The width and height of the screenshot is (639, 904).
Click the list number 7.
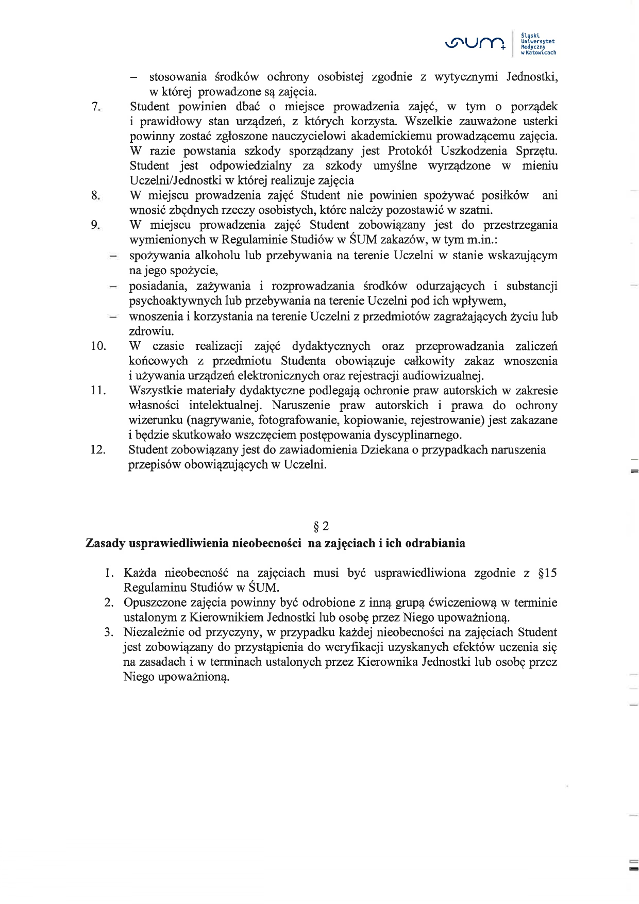pyautogui.click(x=95, y=107)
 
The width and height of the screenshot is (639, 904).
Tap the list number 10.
pyautogui.click(x=98, y=346)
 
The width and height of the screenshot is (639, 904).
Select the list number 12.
pyautogui.click(x=98, y=449)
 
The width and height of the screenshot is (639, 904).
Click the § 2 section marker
pyautogui.click(x=321, y=526)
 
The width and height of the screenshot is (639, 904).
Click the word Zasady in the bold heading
pyautogui.click(x=105, y=543)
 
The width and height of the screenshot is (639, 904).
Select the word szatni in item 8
pyautogui.click(x=478, y=210)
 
